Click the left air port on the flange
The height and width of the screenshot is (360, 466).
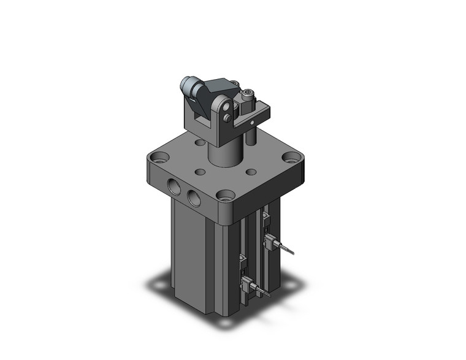(174, 187)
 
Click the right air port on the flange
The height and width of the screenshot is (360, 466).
(194, 197)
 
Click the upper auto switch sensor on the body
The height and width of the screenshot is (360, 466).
(269, 240)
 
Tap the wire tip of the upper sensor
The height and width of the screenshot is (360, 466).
(294, 253)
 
